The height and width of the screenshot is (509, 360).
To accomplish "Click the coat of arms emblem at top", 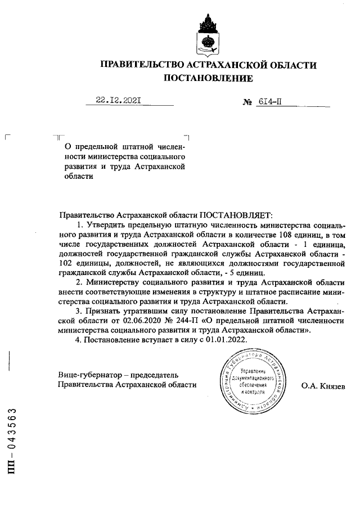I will click(x=208, y=33).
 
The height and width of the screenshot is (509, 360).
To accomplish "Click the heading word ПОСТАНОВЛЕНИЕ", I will click(x=208, y=78).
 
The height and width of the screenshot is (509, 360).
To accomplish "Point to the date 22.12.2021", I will click(x=118, y=101).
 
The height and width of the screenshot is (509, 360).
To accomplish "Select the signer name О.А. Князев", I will click(x=323, y=385).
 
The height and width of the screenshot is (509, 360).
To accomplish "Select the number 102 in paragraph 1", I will click(x=65, y=263).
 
